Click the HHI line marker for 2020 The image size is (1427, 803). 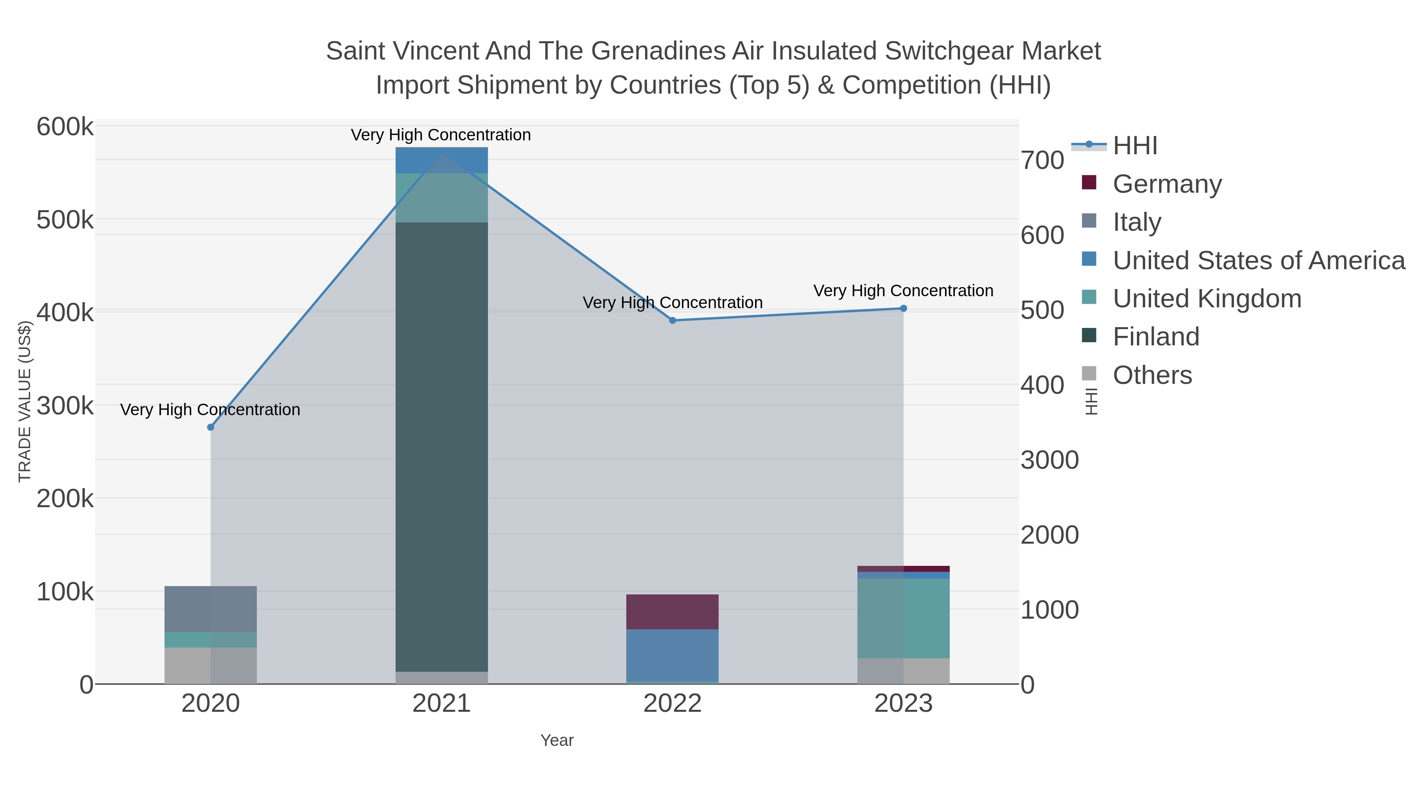(x=210, y=427)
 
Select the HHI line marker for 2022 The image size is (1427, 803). (x=673, y=320)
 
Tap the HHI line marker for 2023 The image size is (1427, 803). (x=903, y=308)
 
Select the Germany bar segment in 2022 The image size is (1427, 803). (x=673, y=612)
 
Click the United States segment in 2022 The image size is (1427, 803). (x=673, y=655)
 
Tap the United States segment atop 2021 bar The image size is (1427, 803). (x=442, y=161)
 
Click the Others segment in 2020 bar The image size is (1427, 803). (x=210, y=665)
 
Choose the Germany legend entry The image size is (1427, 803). (x=1167, y=184)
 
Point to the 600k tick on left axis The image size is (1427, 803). (x=65, y=127)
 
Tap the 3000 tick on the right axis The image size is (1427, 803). (x=1050, y=460)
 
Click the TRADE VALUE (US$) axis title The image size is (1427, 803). (x=25, y=401)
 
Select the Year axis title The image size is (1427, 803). (x=557, y=740)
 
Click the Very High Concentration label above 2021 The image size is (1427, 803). (x=441, y=135)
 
